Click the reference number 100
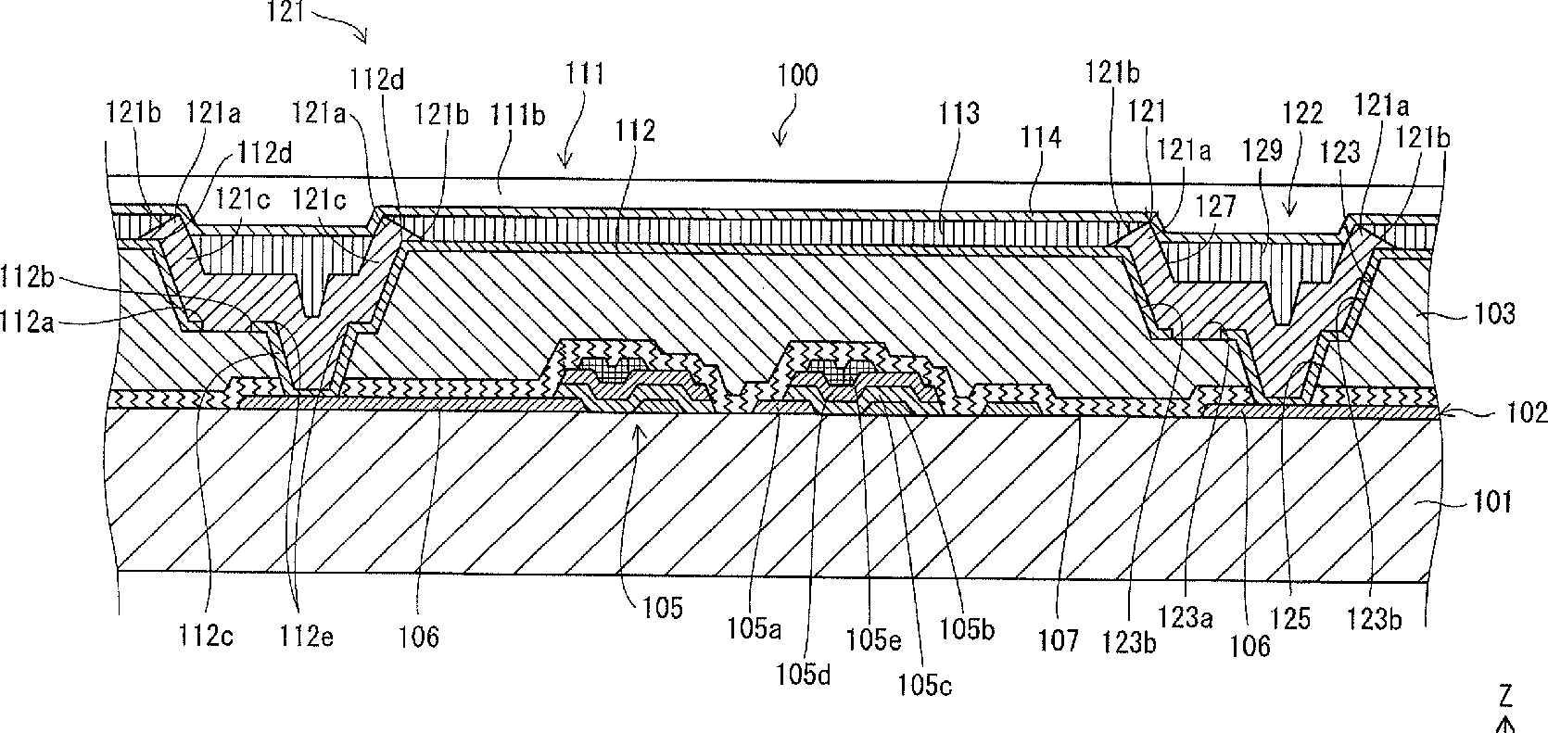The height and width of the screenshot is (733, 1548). (x=797, y=75)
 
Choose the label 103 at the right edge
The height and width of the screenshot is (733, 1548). (x=1491, y=315)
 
